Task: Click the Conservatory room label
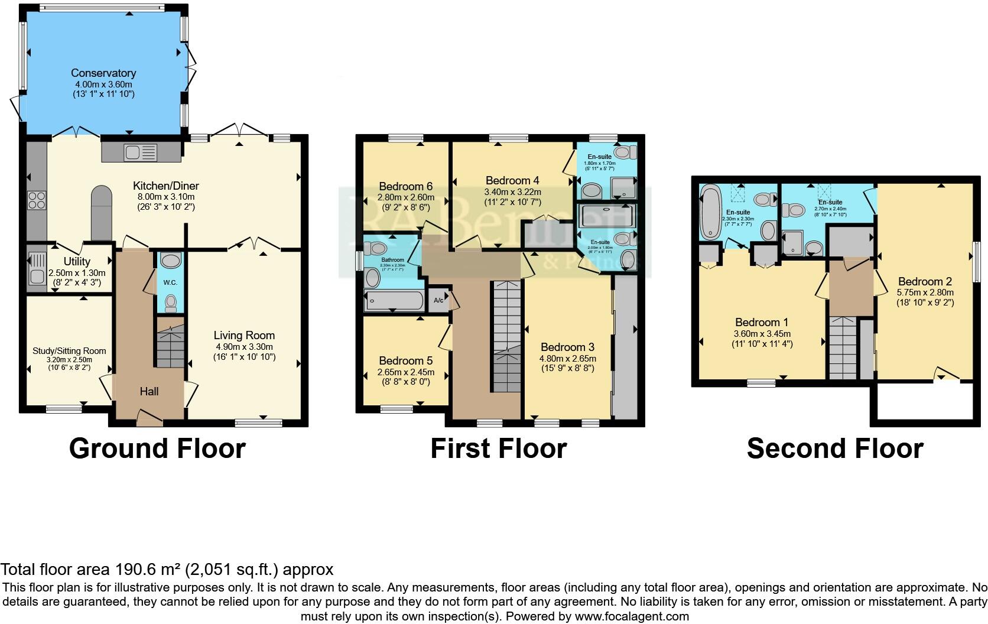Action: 103,73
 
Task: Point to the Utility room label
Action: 77,262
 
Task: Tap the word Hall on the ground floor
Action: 149,391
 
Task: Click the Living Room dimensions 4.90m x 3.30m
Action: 244,346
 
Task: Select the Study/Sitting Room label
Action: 69,351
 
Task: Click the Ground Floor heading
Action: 157,448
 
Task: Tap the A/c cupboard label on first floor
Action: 439,301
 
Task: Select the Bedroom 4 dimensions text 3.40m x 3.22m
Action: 512,192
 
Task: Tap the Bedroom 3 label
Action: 567,347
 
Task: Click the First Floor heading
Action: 498,448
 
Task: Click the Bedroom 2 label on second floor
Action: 925,281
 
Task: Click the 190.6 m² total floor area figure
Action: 148,570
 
